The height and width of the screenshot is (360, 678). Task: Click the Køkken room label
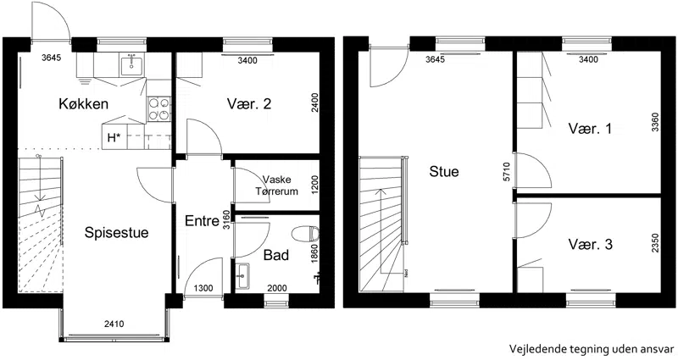tap(83, 104)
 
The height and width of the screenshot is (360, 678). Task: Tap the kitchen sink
tap(132, 65)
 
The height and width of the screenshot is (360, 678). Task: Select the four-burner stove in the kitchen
tap(159, 109)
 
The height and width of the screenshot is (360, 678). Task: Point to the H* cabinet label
tap(114, 138)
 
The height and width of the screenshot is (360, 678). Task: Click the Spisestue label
tap(116, 232)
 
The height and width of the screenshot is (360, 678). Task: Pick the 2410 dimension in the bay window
tap(114, 324)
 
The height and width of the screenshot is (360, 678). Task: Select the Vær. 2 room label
tap(249, 103)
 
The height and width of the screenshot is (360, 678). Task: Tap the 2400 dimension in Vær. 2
tap(315, 102)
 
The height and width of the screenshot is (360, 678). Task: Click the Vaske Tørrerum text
tap(277, 186)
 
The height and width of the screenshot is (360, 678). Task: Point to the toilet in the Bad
tap(306, 235)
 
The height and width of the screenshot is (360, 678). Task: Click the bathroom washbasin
tap(243, 275)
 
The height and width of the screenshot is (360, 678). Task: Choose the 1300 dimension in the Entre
tap(203, 288)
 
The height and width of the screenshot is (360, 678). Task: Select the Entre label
tap(202, 221)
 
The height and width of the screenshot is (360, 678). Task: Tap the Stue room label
tap(443, 172)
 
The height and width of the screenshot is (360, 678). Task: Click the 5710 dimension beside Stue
tap(507, 172)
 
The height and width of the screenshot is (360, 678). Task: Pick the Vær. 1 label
tap(590, 129)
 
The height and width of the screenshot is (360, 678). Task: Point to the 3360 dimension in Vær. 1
tap(655, 122)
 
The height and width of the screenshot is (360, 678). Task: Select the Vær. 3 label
tap(590, 245)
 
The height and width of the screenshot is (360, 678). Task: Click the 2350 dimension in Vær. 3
tap(655, 243)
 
